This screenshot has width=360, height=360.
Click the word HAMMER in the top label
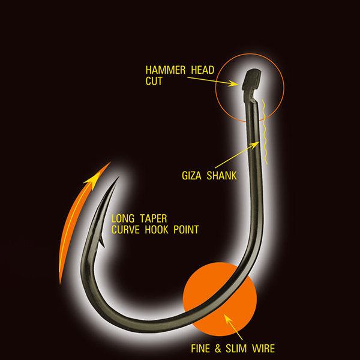coord(166,70)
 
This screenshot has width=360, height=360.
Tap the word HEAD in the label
coord(203,70)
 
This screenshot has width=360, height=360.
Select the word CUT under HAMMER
coord(154,81)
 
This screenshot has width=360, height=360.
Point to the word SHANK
coord(221,176)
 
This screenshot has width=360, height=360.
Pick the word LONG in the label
coord(123,218)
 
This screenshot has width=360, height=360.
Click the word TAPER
coord(154,218)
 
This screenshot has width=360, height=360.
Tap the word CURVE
coord(125,230)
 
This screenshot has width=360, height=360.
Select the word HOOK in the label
coord(157,230)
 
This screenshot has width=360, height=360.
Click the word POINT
coord(186,230)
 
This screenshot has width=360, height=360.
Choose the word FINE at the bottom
coord(200,349)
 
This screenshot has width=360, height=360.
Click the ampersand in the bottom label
coord(218,349)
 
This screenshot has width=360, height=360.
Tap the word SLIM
coord(236,349)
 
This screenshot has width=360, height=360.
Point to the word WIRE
coord(263,349)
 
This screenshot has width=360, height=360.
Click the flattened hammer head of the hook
coord(251,79)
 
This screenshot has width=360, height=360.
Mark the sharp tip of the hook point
coord(118,177)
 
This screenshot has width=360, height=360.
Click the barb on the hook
coord(101,241)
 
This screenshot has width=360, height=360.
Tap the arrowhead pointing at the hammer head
coord(233,83)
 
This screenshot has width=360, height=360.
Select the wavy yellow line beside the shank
coord(265,132)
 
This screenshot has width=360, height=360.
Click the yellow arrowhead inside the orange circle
coord(228,320)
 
